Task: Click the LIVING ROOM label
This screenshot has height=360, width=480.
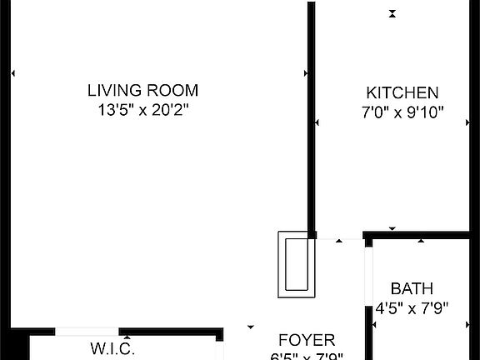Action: coord(142,90)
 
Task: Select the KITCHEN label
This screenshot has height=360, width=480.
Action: coord(402,92)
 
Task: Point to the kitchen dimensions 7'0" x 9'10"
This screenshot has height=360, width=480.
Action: coord(402,111)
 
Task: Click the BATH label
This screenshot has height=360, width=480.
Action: coord(412,289)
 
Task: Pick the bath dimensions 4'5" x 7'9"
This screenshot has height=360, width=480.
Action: coord(412,307)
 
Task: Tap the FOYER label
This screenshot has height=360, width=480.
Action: coord(306,340)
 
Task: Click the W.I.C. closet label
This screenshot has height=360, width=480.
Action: coord(112,348)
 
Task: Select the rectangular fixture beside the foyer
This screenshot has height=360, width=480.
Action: coord(297,264)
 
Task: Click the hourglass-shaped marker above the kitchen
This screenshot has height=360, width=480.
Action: coord(392,12)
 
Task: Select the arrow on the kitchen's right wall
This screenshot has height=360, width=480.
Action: coord(468,122)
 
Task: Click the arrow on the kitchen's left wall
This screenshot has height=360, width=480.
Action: coord(317,124)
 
